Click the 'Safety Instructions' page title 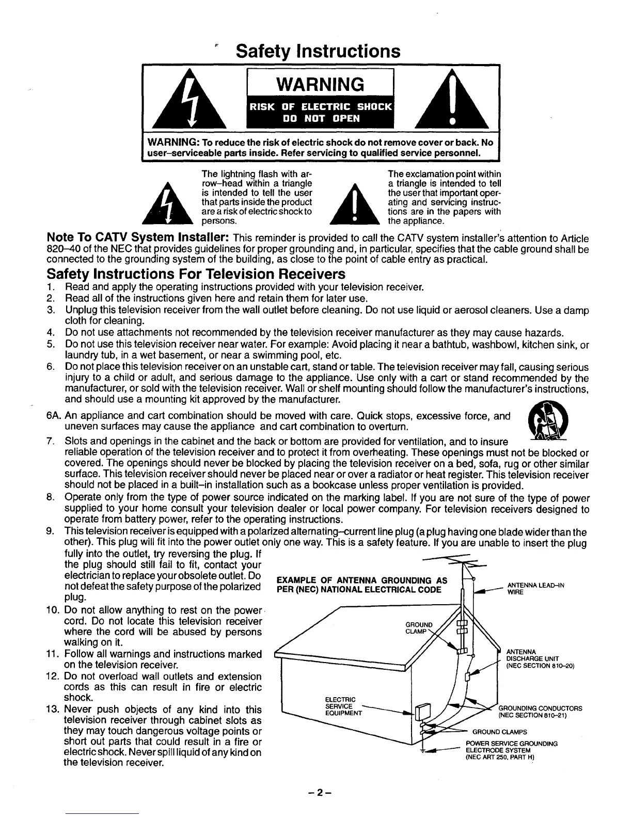318,51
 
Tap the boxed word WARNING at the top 319,84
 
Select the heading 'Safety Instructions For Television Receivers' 196,273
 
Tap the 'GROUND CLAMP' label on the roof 419,628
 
